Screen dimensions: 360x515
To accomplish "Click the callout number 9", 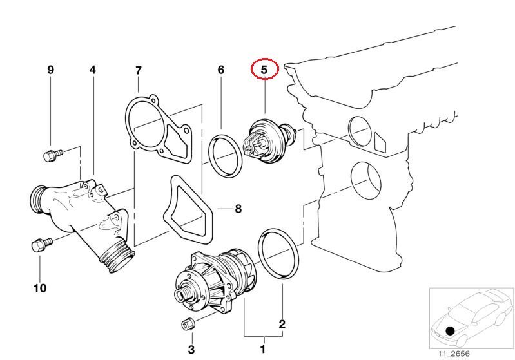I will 51,70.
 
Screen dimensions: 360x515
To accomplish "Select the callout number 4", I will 92,70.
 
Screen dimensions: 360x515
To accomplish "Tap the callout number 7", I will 138,70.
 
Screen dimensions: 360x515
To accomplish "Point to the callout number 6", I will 221,70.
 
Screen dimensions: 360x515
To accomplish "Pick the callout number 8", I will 238,209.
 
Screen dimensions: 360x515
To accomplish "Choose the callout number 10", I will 40,288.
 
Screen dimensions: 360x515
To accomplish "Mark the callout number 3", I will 191,350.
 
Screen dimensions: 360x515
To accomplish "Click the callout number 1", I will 262,350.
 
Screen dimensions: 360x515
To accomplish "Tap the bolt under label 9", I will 52,155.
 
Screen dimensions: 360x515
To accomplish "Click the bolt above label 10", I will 40,245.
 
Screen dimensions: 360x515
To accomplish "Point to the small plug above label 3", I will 189,323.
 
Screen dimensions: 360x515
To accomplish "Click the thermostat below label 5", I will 264,140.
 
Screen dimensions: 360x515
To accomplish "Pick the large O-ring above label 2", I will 277,254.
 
